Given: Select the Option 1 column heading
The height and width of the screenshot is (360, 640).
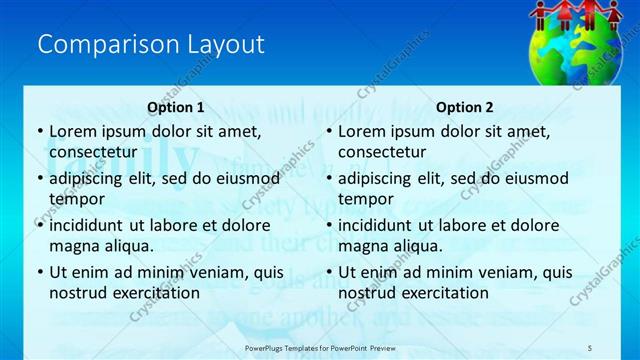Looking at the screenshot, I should click(x=176, y=107).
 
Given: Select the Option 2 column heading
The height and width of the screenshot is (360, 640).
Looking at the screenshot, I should click(x=465, y=107).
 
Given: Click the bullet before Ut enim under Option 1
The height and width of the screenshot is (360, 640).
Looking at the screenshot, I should click(x=39, y=272).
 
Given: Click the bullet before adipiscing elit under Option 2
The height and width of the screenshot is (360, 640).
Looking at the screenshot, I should click(x=328, y=179).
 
